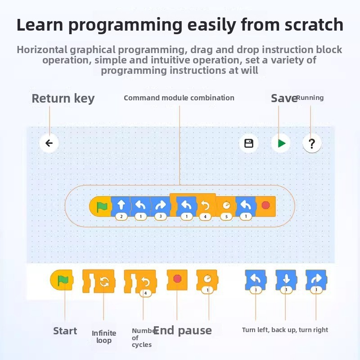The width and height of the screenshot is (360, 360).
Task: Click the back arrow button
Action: click(49, 143)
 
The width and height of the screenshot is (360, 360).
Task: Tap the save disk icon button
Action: click(249, 143)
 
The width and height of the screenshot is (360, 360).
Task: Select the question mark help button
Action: click(311, 143)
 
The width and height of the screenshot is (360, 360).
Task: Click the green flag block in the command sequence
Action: click(100, 206)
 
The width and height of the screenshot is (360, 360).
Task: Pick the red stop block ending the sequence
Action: click(265, 206)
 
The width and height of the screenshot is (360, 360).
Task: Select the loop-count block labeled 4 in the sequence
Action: click(206, 207)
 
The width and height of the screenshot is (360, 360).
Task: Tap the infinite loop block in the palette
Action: click(99, 281)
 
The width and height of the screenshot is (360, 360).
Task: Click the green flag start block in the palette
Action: click(62, 280)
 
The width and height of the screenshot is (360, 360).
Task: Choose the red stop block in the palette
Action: click(177, 280)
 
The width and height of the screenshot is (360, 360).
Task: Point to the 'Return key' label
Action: click(63, 99)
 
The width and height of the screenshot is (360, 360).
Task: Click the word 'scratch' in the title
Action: click(314, 25)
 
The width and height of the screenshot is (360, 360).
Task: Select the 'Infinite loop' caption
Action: click(104, 337)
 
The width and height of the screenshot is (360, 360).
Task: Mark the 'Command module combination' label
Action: click(179, 98)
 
